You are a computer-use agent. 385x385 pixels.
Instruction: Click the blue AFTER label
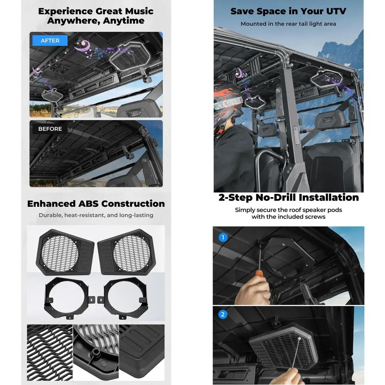[50, 40]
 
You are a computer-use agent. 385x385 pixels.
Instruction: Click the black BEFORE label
[50, 129]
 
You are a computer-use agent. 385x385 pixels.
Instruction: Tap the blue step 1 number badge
[223, 237]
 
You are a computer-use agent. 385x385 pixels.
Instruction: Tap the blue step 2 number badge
[223, 315]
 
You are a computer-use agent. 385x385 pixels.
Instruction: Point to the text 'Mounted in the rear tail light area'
[288, 24]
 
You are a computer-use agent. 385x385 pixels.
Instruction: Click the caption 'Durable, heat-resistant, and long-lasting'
[96, 215]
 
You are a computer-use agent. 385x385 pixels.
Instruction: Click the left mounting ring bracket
[69, 295]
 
